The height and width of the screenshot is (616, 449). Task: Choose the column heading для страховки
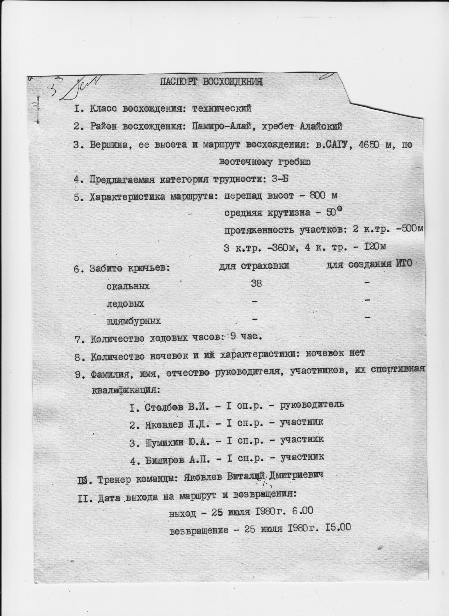pos(254,266)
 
